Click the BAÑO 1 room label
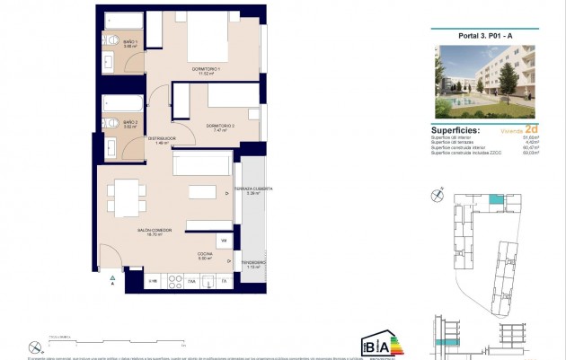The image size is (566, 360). point(129,44)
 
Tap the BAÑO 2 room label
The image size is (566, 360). point(129,124)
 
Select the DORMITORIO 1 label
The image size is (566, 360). point(206,69)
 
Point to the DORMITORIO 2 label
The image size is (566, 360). point(219,127)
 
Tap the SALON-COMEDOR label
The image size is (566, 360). point(129,231)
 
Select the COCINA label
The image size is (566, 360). point(206,255)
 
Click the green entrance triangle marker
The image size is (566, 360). point(111,279)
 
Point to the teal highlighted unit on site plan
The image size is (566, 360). point(496,201)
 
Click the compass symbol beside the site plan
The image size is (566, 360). point(438,192)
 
